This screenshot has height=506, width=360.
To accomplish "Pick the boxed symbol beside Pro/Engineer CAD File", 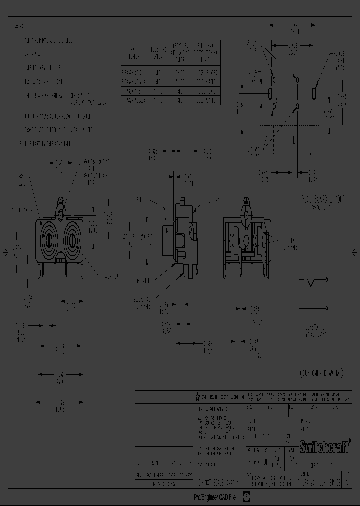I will (246, 497).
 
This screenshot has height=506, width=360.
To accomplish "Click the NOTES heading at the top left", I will (19, 26).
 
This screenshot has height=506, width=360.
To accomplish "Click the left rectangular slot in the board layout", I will (270, 93).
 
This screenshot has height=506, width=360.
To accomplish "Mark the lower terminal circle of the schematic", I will (328, 306).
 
